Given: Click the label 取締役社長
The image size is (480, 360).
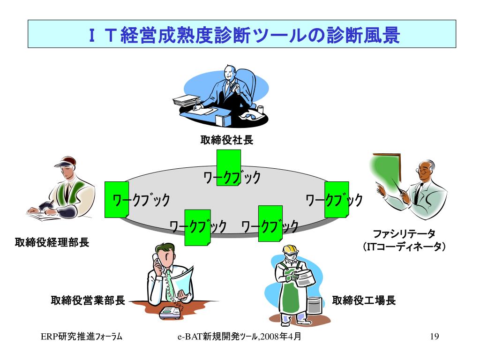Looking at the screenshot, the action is coord(226,140).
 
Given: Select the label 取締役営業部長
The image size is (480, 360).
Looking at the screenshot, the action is coord(88,300).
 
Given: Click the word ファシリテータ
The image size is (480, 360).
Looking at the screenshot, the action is coord(404,233).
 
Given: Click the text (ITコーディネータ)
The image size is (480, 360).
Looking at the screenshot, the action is coord(404,247).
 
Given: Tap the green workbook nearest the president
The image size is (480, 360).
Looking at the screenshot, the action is coord(228,167).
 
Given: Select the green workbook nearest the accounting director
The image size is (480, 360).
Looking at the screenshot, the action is coord(116,199).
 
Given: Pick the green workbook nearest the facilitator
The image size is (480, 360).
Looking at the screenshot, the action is coord(337,199).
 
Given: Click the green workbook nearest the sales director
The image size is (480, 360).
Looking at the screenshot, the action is coord(197,227).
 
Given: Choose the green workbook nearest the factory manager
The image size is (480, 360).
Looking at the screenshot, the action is coord(270,224).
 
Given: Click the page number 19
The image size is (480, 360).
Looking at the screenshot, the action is coord(434,337).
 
